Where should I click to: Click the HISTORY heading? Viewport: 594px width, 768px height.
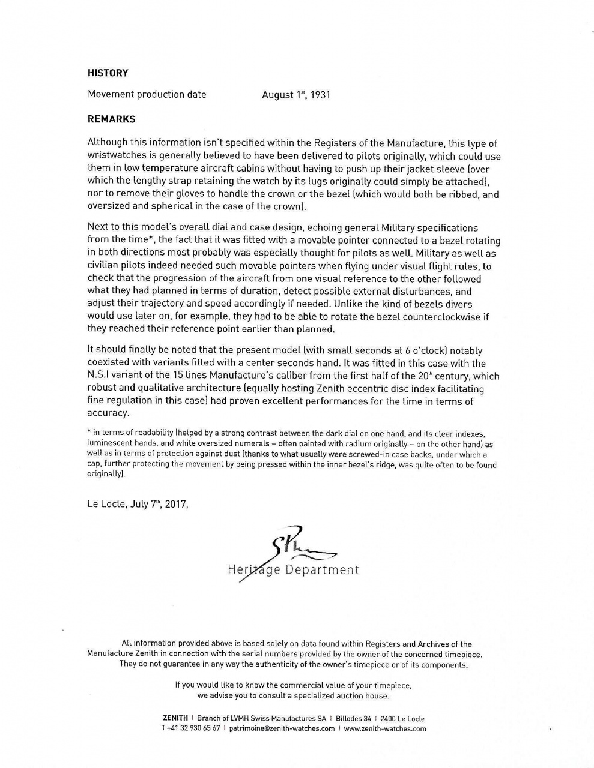pos(108,73)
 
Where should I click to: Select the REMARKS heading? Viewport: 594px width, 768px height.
pos(112,119)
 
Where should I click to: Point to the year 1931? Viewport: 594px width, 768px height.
pos(321,95)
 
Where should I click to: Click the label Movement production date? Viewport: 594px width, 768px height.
pos(147,94)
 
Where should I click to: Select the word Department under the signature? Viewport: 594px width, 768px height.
pos(323,570)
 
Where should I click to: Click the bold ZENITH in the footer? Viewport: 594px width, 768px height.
pos(175,719)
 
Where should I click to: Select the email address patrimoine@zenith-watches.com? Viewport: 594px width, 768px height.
pos(282,729)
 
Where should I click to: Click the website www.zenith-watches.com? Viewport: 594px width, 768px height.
pos(385,729)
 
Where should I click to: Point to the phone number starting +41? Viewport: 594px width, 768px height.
pos(190,729)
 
